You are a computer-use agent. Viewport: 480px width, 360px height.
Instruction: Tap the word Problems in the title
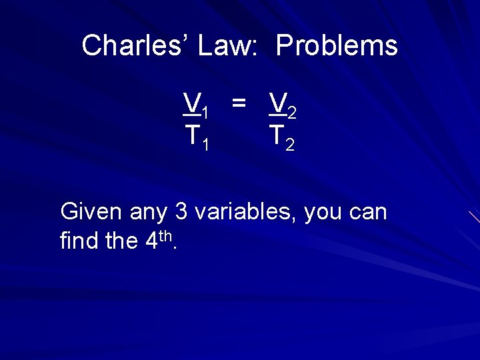(x=337, y=46)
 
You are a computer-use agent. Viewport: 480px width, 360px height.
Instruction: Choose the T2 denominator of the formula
(x=282, y=137)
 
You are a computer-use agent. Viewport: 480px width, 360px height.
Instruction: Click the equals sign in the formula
(x=239, y=102)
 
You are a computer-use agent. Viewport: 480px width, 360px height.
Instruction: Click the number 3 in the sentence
(x=181, y=212)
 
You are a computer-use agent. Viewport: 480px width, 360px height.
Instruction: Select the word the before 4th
(x=121, y=241)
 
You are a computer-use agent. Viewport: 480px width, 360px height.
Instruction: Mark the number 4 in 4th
(x=151, y=241)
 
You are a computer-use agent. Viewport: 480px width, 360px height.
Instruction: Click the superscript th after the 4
(x=166, y=235)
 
